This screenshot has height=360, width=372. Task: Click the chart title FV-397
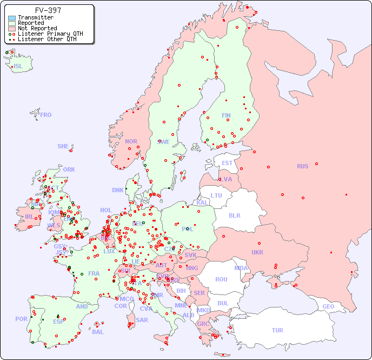tap(48, 10)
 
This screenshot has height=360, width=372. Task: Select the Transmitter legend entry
tap(35, 17)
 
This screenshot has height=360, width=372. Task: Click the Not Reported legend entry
tap(37, 28)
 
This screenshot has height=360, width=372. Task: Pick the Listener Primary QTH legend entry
tap(50, 34)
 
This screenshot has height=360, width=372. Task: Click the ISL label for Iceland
tap(18, 67)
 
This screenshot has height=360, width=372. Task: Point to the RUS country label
tap(302, 166)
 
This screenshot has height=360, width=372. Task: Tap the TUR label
tap(277, 330)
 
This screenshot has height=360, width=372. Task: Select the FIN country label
tap(226, 115)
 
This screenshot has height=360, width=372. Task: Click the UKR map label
tap(257, 252)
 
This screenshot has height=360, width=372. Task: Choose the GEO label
tap(328, 306)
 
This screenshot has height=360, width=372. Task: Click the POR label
tap(21, 319)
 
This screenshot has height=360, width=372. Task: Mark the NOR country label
tap(131, 141)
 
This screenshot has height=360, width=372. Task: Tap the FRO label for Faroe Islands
tap(46, 115)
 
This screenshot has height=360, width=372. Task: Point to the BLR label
tap(235, 215)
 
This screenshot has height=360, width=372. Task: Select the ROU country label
tap(221, 279)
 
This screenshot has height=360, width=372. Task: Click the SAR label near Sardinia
tap(142, 320)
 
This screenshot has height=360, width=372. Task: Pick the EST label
tap(227, 163)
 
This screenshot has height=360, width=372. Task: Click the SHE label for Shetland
tap(63, 146)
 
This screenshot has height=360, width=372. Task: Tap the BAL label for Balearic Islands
tap(97, 332)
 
